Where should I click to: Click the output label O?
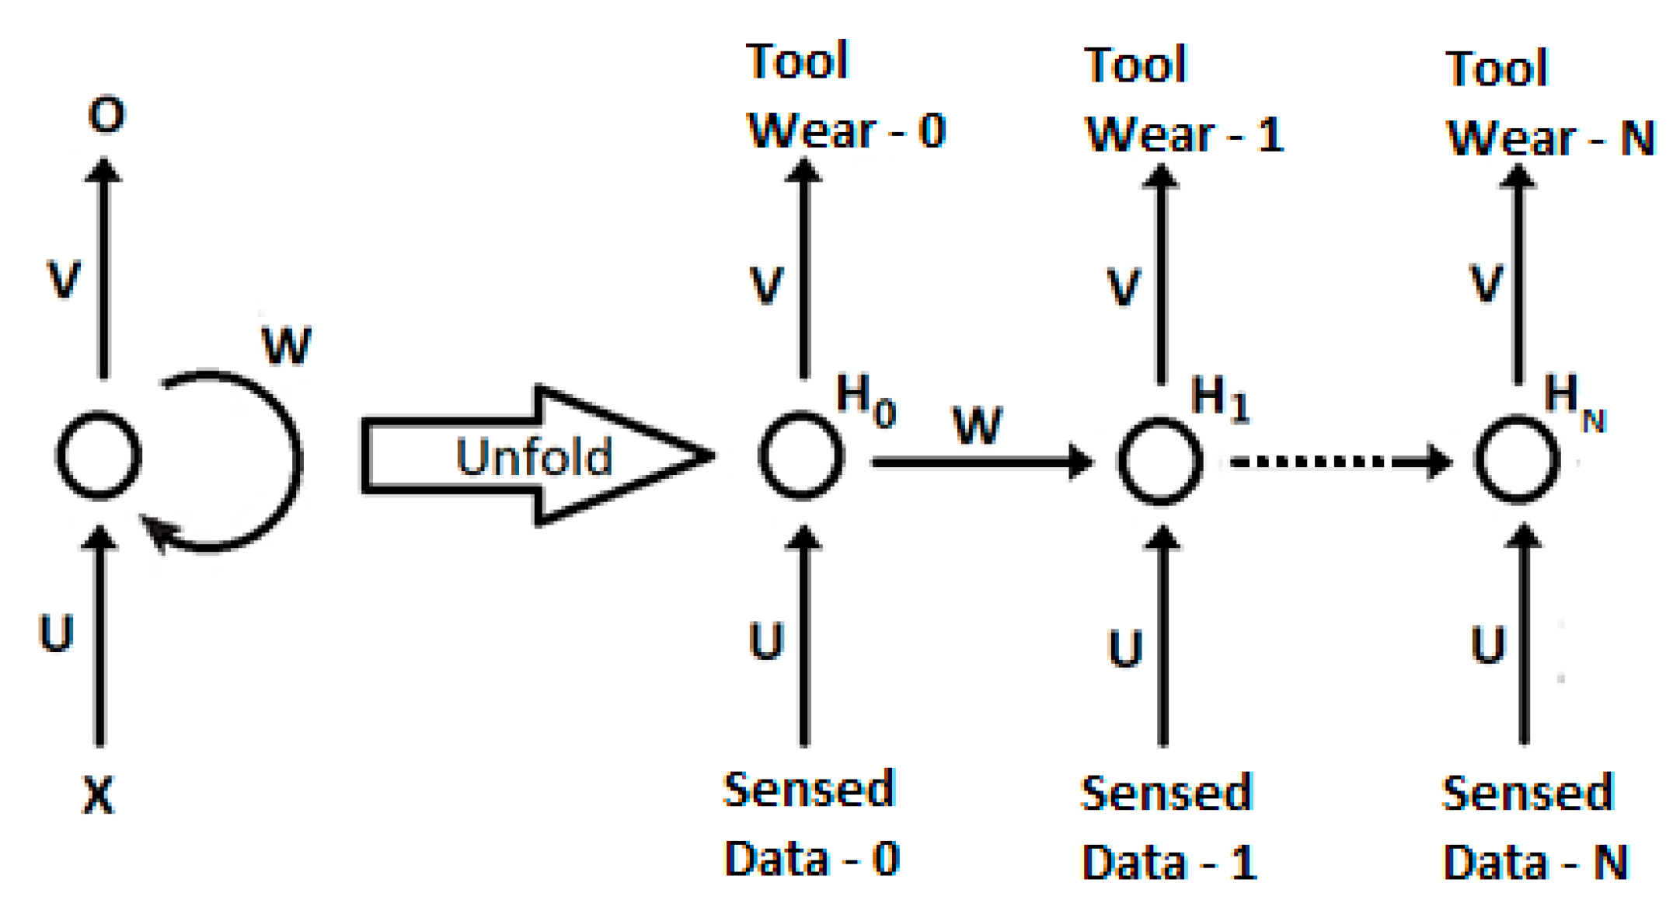pos(106,115)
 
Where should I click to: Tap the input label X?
pos(99,795)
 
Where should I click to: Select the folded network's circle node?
pos(99,455)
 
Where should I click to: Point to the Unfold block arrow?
pos(536,455)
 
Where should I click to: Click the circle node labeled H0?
pos(801,455)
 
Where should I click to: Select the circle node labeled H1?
pos(1160,461)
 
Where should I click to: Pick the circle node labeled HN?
pos(1518,459)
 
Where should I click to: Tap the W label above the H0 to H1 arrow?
pos(978,426)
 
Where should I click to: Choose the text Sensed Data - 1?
pos(1169,828)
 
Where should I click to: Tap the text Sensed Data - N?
pos(1535,828)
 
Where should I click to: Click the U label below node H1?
pos(1125,648)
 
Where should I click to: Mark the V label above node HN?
pos(1487,283)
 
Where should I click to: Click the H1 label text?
pos(1219,398)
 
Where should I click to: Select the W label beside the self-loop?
pos(287,346)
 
